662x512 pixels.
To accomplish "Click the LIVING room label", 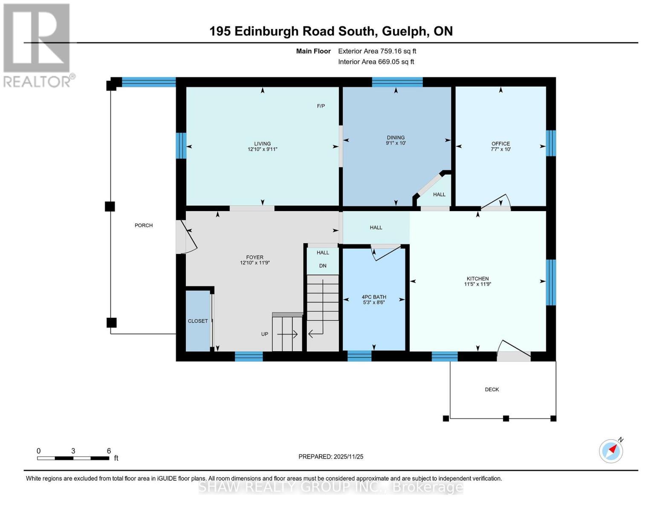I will point(262,143).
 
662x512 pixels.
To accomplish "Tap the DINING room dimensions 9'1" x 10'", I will point(396,143).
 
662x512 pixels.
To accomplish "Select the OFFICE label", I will point(500,143).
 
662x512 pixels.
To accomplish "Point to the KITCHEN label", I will point(477,279).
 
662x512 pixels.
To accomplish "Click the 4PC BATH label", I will point(374,297).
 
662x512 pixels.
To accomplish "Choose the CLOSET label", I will point(198,321).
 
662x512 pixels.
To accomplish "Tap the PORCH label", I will point(144,225).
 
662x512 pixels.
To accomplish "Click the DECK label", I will point(492,390).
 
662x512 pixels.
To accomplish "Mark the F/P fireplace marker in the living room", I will point(321,106).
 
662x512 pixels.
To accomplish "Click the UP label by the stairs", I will point(265,334).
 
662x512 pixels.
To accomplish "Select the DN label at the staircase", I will point(323,266).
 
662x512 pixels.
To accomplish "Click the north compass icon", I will point(611,451).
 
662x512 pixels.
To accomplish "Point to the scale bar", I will point(73,458).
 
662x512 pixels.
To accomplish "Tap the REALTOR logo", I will point(37,45).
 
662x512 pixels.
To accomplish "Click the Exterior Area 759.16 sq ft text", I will point(377,51).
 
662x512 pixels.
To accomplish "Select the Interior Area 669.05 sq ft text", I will point(376,62).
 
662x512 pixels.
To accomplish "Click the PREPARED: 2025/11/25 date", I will point(331,457).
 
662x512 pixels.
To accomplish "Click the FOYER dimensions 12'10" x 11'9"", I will point(255,263).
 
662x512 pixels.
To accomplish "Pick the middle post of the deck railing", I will point(506,419).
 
